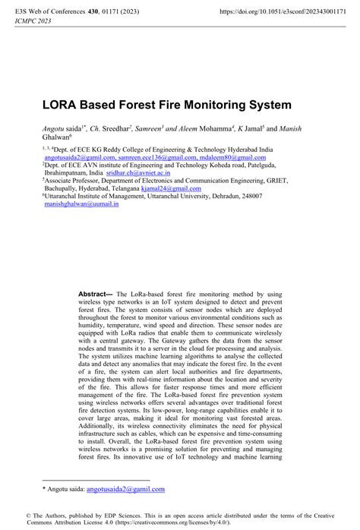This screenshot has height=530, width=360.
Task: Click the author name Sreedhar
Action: [114, 131]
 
